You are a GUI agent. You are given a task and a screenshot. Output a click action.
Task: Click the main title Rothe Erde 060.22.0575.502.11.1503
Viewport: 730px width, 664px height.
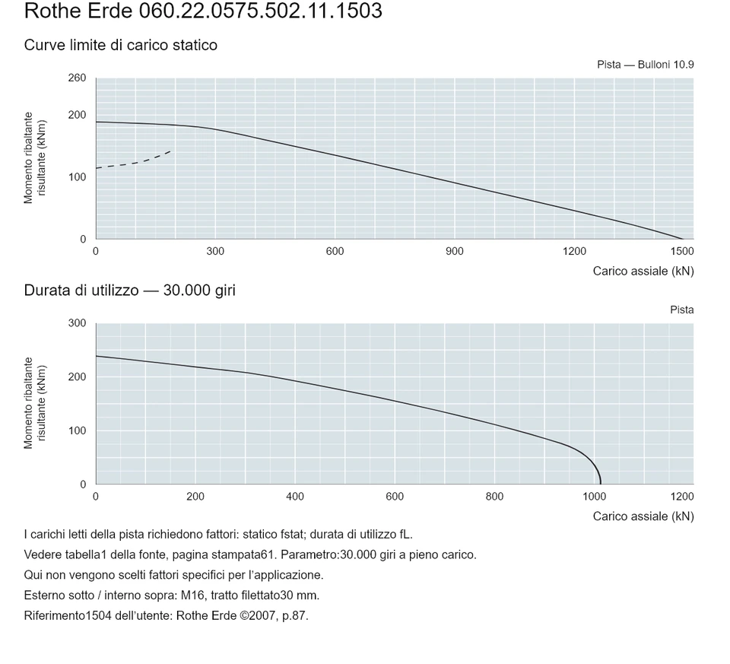(203, 11)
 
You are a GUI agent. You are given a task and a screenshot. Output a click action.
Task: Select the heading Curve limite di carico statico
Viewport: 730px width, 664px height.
(121, 45)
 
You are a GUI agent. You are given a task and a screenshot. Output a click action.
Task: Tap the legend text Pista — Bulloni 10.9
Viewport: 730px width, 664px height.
(646, 65)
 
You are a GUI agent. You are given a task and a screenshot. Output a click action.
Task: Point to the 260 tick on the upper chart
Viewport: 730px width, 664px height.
(78, 78)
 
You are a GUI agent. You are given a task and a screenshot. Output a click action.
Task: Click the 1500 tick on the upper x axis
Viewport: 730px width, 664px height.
(682, 252)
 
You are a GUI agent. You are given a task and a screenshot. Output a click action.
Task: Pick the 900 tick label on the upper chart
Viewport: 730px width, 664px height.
(455, 252)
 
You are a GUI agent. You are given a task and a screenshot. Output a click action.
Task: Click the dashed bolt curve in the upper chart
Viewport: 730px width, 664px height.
(133, 161)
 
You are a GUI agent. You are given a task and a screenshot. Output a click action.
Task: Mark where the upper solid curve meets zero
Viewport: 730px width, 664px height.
(683, 239)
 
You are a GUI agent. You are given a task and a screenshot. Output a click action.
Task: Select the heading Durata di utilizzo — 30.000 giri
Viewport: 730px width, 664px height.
(130, 291)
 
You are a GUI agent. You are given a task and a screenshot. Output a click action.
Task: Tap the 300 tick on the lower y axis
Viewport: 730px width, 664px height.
(78, 323)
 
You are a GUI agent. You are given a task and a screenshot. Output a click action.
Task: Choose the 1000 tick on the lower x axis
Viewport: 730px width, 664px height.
(594, 497)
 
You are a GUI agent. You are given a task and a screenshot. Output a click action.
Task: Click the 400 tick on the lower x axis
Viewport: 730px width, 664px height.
(295, 497)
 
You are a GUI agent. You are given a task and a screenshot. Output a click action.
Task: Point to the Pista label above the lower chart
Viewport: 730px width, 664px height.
(682, 310)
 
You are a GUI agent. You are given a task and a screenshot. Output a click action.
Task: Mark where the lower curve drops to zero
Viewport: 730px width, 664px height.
(601, 484)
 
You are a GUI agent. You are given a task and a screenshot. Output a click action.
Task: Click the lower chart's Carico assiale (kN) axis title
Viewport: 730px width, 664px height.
(643, 516)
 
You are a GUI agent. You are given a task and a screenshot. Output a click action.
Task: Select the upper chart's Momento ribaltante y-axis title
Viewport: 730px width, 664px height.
(35, 158)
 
